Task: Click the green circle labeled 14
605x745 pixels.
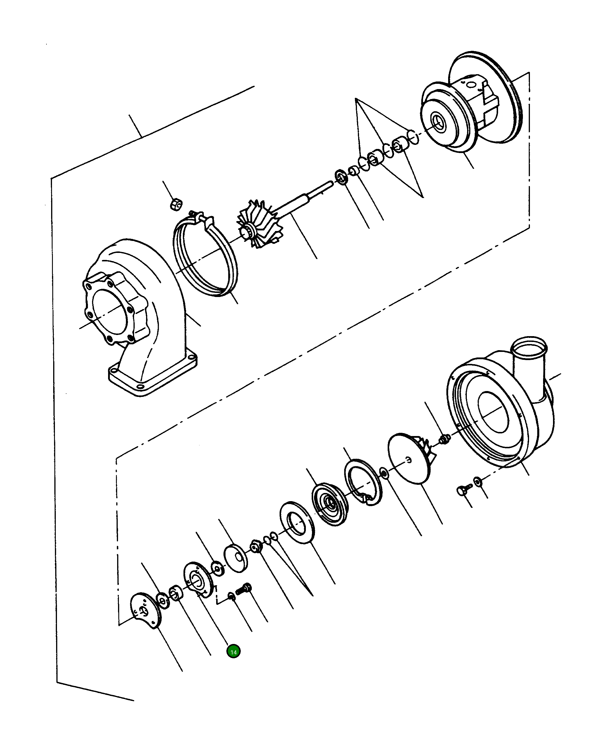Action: pos(233,652)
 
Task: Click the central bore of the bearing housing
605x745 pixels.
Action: pos(438,121)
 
